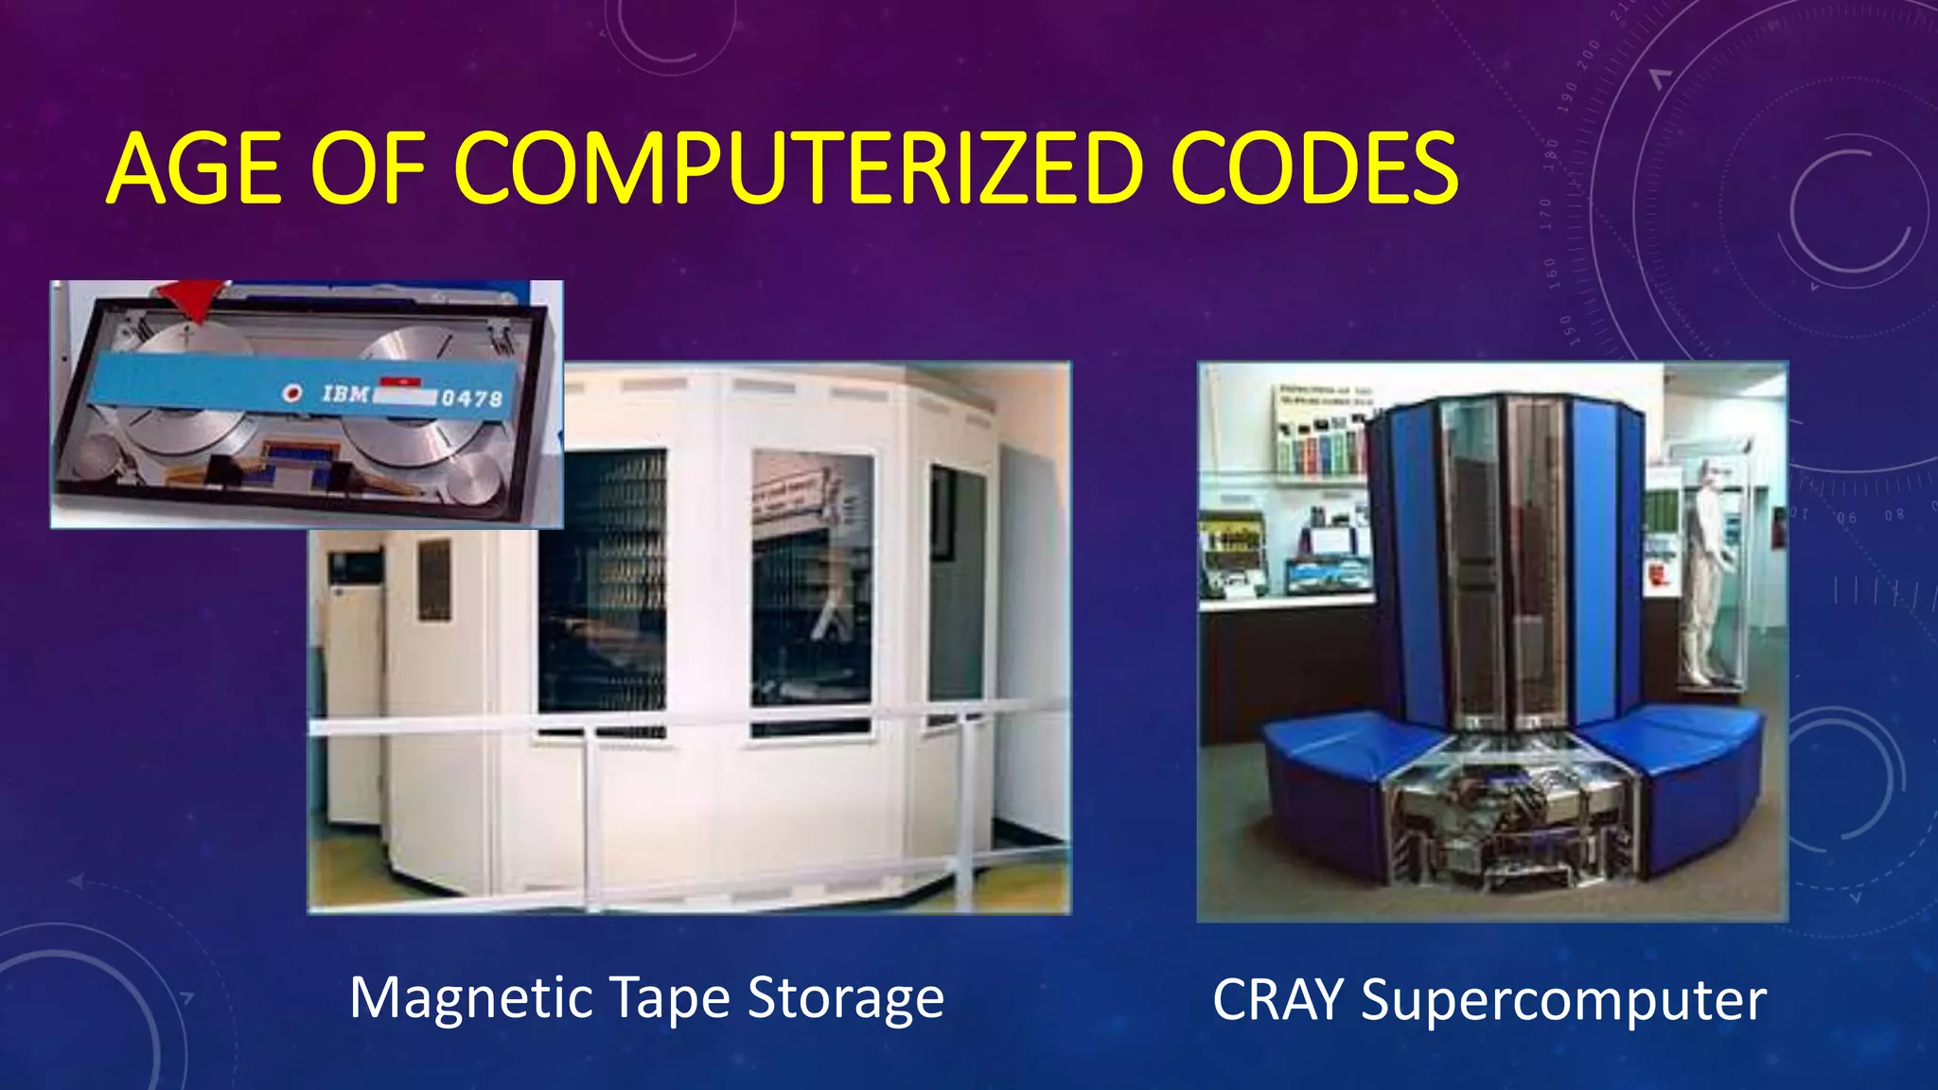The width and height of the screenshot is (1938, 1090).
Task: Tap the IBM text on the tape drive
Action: [344, 394]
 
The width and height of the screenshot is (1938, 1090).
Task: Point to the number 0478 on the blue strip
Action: [471, 398]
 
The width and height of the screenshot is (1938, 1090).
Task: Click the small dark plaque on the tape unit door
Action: [434, 579]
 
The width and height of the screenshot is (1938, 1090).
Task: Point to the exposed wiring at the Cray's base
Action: [1505, 823]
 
